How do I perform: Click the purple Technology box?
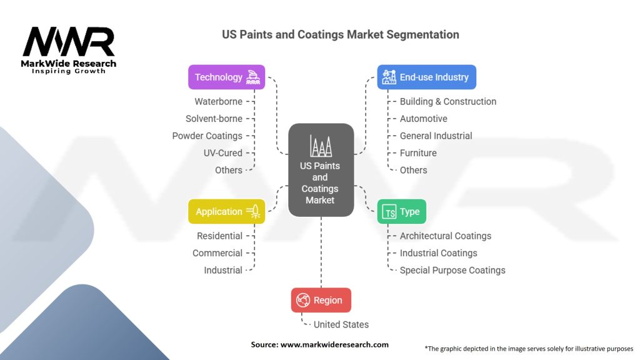point(226,77)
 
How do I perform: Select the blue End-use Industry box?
point(426,77)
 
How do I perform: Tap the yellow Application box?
point(226,211)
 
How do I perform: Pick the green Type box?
point(402,211)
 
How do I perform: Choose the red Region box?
point(321,300)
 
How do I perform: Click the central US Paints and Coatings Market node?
point(321,170)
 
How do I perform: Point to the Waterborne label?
point(218,102)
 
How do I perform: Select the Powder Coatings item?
point(207,136)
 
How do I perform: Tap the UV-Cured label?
point(223,153)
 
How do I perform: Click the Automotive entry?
point(423,119)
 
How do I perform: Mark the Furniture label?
point(418,153)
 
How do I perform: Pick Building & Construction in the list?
point(447,102)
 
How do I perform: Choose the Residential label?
point(219,236)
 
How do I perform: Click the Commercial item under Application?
point(217,253)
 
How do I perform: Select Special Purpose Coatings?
point(452,270)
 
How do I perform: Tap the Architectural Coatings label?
point(445,236)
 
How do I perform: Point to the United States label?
point(341,324)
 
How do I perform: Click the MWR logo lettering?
point(69,42)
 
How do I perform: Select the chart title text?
point(341,35)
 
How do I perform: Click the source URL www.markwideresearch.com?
point(334,344)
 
